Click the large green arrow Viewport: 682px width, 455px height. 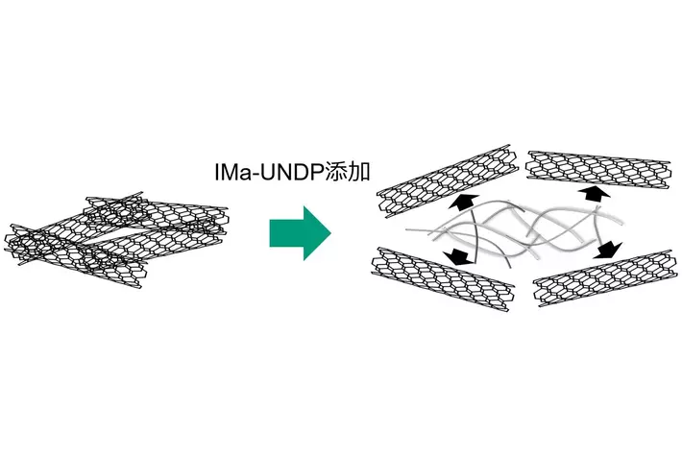click(x=301, y=233)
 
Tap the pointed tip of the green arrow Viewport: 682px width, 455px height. click(x=331, y=233)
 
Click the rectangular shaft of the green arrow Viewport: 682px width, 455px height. click(x=286, y=233)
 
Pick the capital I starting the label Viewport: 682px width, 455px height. click(x=216, y=172)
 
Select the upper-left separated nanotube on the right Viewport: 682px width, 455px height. click(x=448, y=180)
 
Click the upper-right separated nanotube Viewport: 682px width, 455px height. click(x=598, y=170)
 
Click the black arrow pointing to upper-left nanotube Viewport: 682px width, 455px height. click(x=462, y=203)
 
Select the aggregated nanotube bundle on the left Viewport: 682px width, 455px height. click(x=116, y=239)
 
